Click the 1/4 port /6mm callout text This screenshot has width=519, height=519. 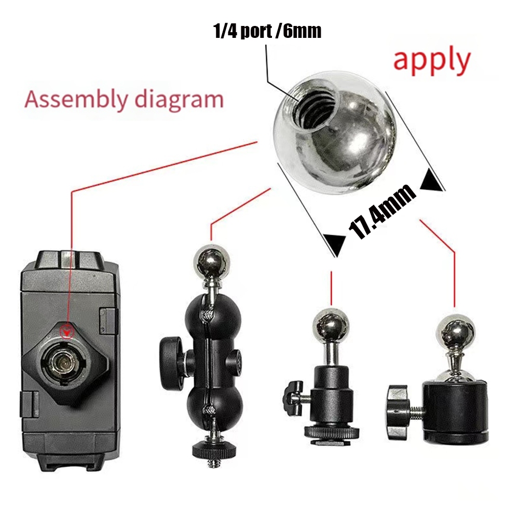pos(267,32)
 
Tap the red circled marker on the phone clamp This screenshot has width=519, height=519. pos(67,331)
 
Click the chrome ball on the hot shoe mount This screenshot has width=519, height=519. pos(331,325)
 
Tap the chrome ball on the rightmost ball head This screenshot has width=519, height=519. pos(455,331)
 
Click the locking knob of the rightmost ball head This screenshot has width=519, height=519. pos(399,412)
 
